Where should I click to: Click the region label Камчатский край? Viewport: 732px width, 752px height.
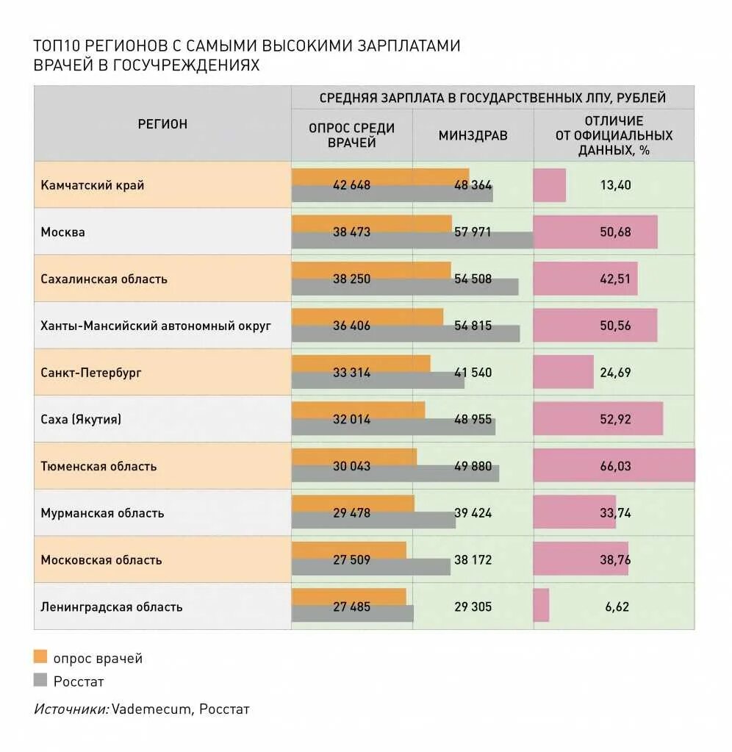point(93,185)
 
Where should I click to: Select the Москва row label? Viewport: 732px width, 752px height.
point(63,232)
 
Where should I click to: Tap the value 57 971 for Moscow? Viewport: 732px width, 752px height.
point(473,232)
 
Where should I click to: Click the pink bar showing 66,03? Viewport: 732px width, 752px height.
point(614,466)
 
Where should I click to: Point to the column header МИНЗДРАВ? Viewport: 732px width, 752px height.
point(473,135)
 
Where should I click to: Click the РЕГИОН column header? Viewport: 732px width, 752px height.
point(162,124)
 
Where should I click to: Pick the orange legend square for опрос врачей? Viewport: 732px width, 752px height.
point(40,657)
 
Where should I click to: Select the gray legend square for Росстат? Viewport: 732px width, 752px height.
point(40,680)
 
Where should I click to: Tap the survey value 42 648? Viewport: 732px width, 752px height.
point(351,185)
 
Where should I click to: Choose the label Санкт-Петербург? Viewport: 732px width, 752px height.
point(91,373)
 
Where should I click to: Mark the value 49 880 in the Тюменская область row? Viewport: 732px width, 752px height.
point(473,466)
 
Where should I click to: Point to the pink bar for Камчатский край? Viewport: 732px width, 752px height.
point(550,185)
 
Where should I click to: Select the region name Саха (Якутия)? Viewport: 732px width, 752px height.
point(81,420)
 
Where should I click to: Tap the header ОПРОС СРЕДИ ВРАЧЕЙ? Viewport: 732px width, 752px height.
point(351,135)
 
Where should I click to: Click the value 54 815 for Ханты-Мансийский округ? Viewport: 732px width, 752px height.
point(473,326)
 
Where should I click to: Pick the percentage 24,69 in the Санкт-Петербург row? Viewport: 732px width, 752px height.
point(615,373)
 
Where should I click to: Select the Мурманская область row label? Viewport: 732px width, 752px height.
point(102,513)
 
